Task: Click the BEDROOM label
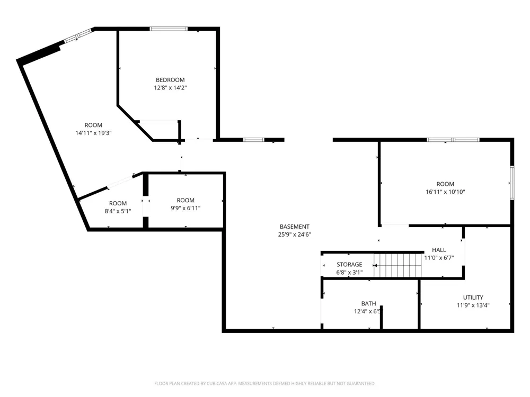coord(170,80)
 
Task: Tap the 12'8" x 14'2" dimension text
coord(170,88)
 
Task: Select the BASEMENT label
coord(294,227)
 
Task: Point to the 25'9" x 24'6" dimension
coord(294,234)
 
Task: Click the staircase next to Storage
coord(397,265)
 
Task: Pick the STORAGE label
coord(349,264)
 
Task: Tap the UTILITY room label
coord(473,297)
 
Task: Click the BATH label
coord(368,303)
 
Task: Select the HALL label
coord(439,250)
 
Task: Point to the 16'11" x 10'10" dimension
coord(445,192)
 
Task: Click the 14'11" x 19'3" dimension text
coord(93,133)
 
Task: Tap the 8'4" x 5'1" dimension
coord(118,211)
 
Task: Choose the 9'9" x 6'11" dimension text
coord(185,208)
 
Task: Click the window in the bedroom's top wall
coord(169,29)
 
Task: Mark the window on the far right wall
coord(512,183)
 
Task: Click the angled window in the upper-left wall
coord(78,36)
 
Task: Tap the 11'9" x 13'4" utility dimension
coord(473,305)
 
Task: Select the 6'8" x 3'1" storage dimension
coord(349,272)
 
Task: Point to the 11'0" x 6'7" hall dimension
coord(439,258)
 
